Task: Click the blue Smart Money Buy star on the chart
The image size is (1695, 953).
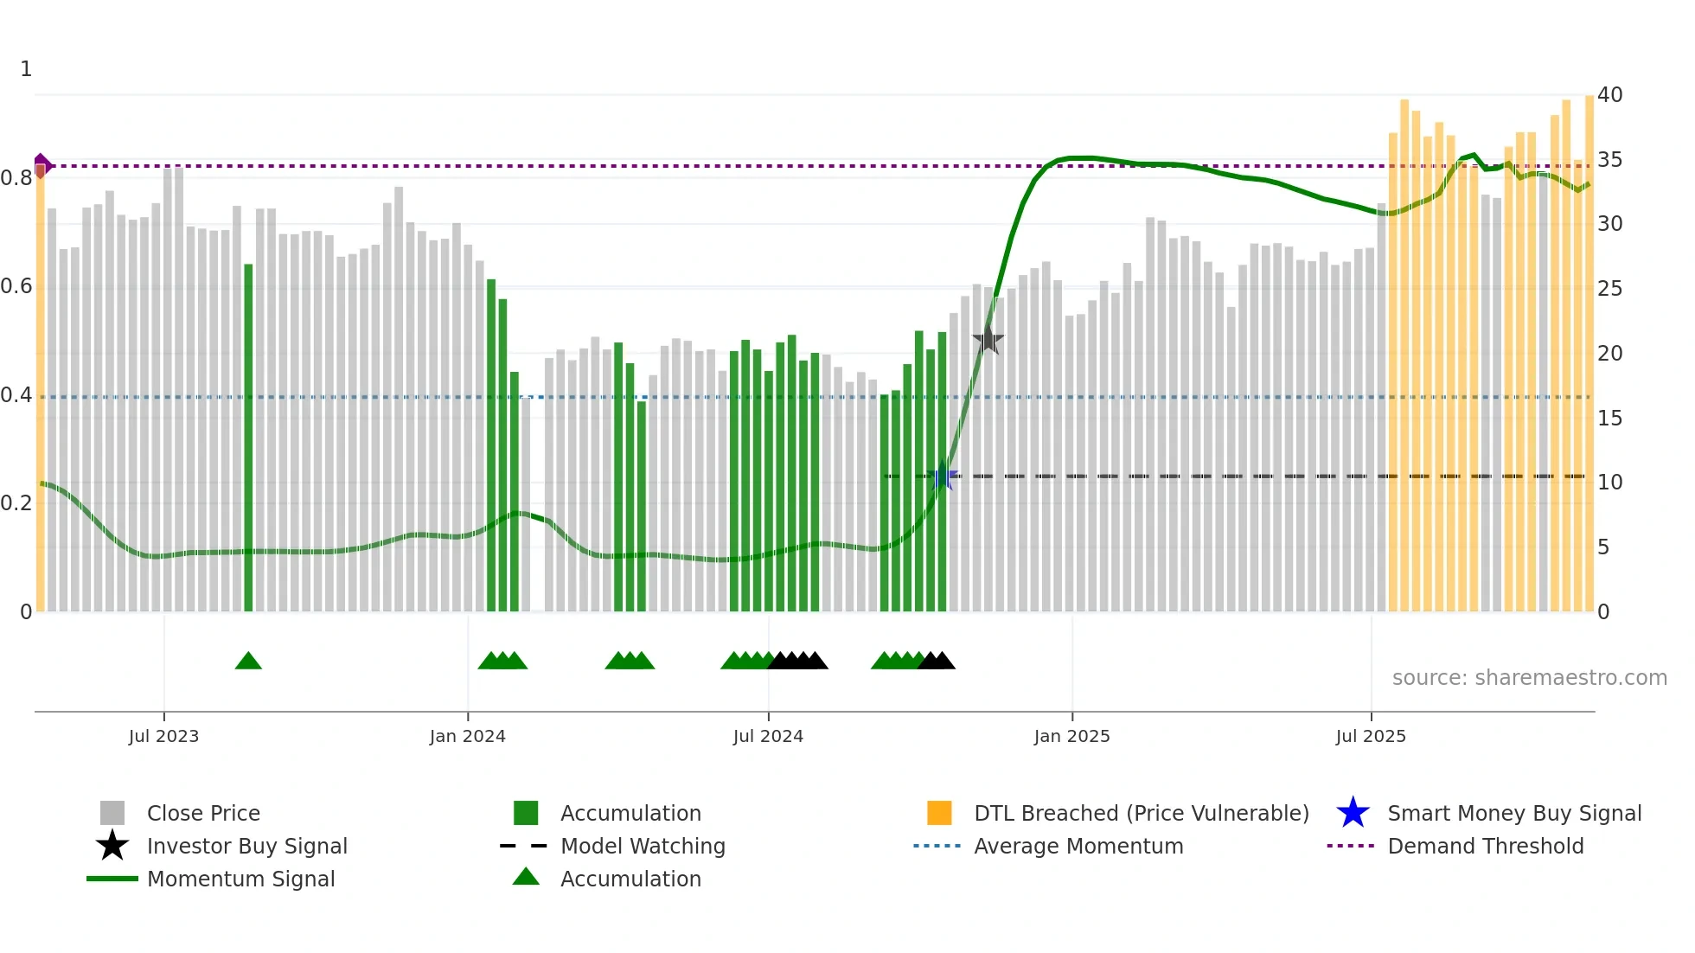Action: (943, 476)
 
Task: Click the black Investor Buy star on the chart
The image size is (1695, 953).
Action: (988, 340)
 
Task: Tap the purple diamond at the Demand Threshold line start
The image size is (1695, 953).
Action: (42, 164)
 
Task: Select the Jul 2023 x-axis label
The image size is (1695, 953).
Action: (163, 736)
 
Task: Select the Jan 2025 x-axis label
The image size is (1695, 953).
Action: (1071, 736)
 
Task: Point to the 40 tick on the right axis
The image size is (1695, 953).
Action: (1609, 95)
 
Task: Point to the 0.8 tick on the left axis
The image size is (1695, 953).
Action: (16, 178)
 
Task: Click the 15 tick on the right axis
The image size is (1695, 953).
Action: (1609, 419)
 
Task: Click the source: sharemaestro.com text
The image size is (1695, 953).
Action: (1529, 678)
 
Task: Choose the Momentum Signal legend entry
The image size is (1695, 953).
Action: (240, 879)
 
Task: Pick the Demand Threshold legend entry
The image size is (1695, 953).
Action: (1485, 846)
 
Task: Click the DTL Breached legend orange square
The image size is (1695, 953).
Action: (939, 813)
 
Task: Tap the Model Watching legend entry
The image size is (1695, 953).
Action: (642, 846)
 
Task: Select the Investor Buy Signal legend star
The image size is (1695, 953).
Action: (112, 846)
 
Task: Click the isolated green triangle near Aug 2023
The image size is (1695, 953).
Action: (248, 662)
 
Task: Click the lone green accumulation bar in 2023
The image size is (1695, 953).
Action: (248, 437)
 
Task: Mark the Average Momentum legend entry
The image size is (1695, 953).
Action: (1078, 846)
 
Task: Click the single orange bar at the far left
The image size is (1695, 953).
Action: (40, 389)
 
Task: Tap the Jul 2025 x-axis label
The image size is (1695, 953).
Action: (1371, 736)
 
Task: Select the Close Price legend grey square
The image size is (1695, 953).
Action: (112, 813)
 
